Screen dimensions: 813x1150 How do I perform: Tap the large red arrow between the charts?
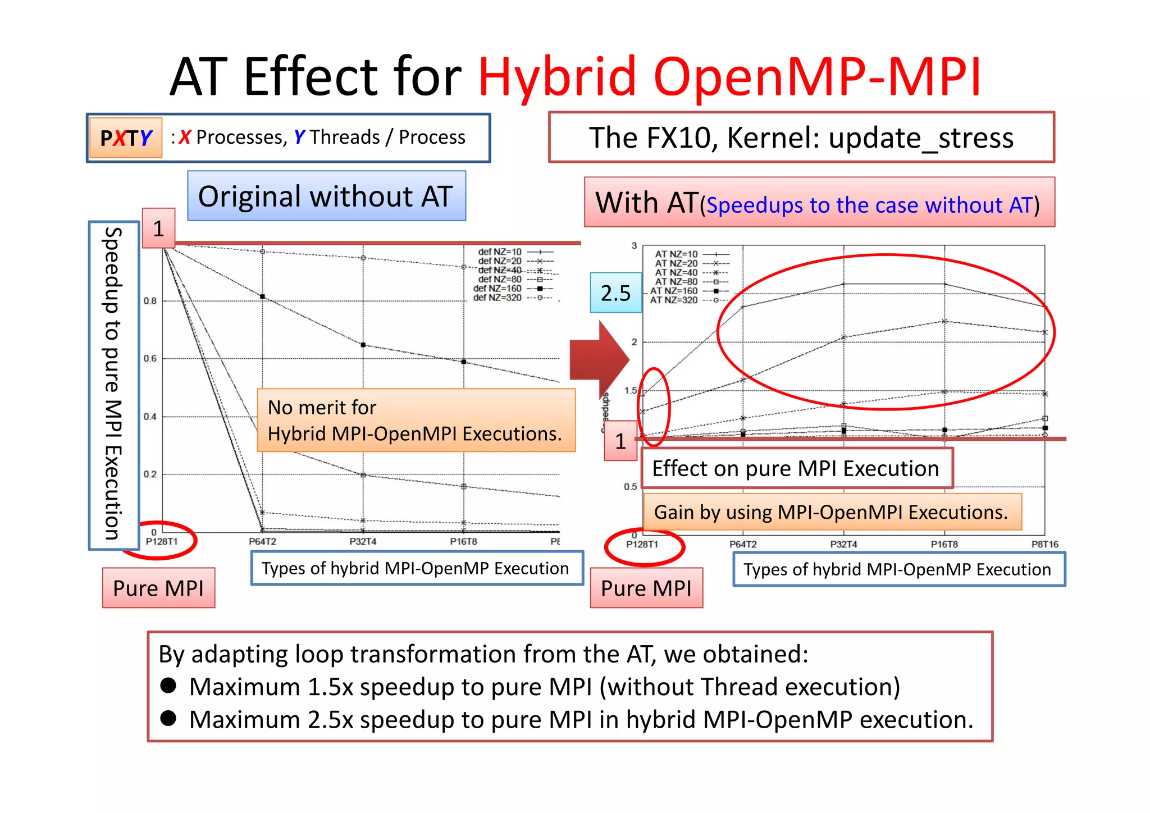click(599, 360)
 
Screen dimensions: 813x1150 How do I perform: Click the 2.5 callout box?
click(615, 293)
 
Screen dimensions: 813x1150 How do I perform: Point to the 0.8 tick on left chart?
click(150, 301)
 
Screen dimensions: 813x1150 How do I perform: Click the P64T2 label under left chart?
click(262, 542)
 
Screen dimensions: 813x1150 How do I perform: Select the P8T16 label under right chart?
click(1044, 544)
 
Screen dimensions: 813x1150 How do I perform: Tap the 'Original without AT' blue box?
click(326, 196)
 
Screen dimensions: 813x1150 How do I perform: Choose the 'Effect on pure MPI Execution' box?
click(796, 468)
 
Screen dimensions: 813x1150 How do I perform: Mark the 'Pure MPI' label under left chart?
click(158, 588)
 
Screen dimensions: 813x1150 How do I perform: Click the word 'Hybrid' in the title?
click(556, 76)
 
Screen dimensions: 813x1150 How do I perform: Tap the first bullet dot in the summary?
click(168, 686)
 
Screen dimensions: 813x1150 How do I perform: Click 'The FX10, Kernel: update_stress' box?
click(801, 138)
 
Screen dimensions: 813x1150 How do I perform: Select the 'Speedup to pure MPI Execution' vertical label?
click(113, 385)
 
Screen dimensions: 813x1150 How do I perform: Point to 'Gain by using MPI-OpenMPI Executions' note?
click(832, 512)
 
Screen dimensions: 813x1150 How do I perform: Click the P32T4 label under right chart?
click(843, 544)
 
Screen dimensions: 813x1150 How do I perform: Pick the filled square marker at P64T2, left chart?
click(262, 296)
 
